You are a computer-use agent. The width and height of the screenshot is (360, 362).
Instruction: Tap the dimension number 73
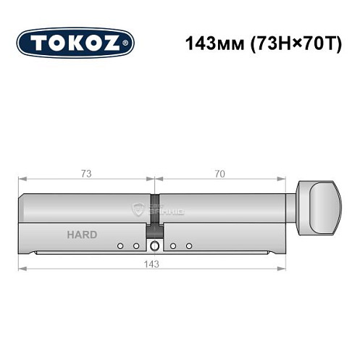click(x=85, y=174)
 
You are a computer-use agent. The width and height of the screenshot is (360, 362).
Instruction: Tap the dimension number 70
click(x=220, y=174)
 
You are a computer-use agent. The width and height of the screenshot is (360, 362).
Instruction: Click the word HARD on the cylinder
click(x=82, y=235)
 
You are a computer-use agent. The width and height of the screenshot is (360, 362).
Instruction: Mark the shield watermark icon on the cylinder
click(x=139, y=209)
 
